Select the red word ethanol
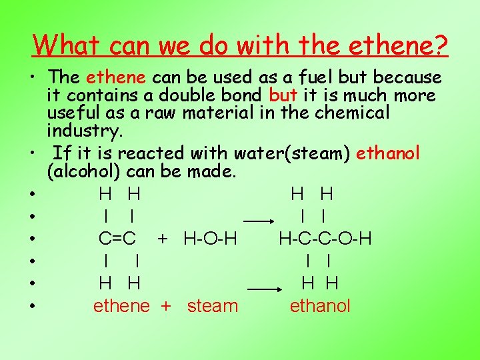point(388,153)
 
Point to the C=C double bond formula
point(117,238)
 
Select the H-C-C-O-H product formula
point(325,238)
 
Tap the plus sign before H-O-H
point(161,238)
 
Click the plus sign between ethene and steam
point(166,306)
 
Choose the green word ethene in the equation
point(121,306)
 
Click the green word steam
point(212,306)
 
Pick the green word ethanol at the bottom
point(320,306)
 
